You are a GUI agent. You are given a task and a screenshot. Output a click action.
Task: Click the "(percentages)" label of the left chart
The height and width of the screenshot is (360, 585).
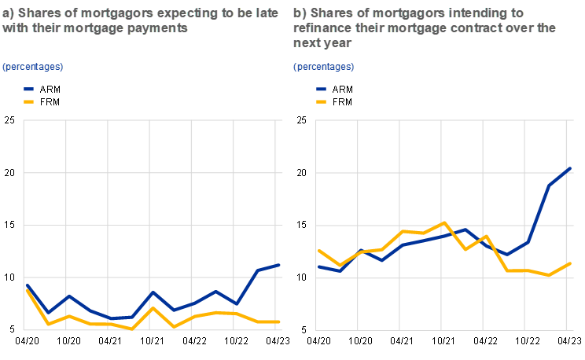click(x=32, y=67)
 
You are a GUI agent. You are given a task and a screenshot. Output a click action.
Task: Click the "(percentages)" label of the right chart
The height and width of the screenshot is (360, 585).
click(x=324, y=67)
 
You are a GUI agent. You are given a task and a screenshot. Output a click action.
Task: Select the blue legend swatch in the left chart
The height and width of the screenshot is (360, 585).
click(x=29, y=90)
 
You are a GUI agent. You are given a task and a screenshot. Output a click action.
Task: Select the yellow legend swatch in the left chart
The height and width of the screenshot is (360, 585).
click(x=29, y=102)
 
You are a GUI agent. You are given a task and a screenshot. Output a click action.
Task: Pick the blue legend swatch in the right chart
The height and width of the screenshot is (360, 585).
click(x=321, y=90)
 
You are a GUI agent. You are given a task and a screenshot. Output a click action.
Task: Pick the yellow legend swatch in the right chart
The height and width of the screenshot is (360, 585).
click(x=321, y=102)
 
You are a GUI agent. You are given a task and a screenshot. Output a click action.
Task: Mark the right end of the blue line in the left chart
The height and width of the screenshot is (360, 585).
click(x=279, y=265)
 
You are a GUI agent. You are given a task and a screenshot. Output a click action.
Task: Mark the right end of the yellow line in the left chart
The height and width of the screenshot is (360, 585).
click(x=279, y=321)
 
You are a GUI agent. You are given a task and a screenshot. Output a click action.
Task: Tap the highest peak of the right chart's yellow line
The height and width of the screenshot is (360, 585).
click(x=444, y=222)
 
